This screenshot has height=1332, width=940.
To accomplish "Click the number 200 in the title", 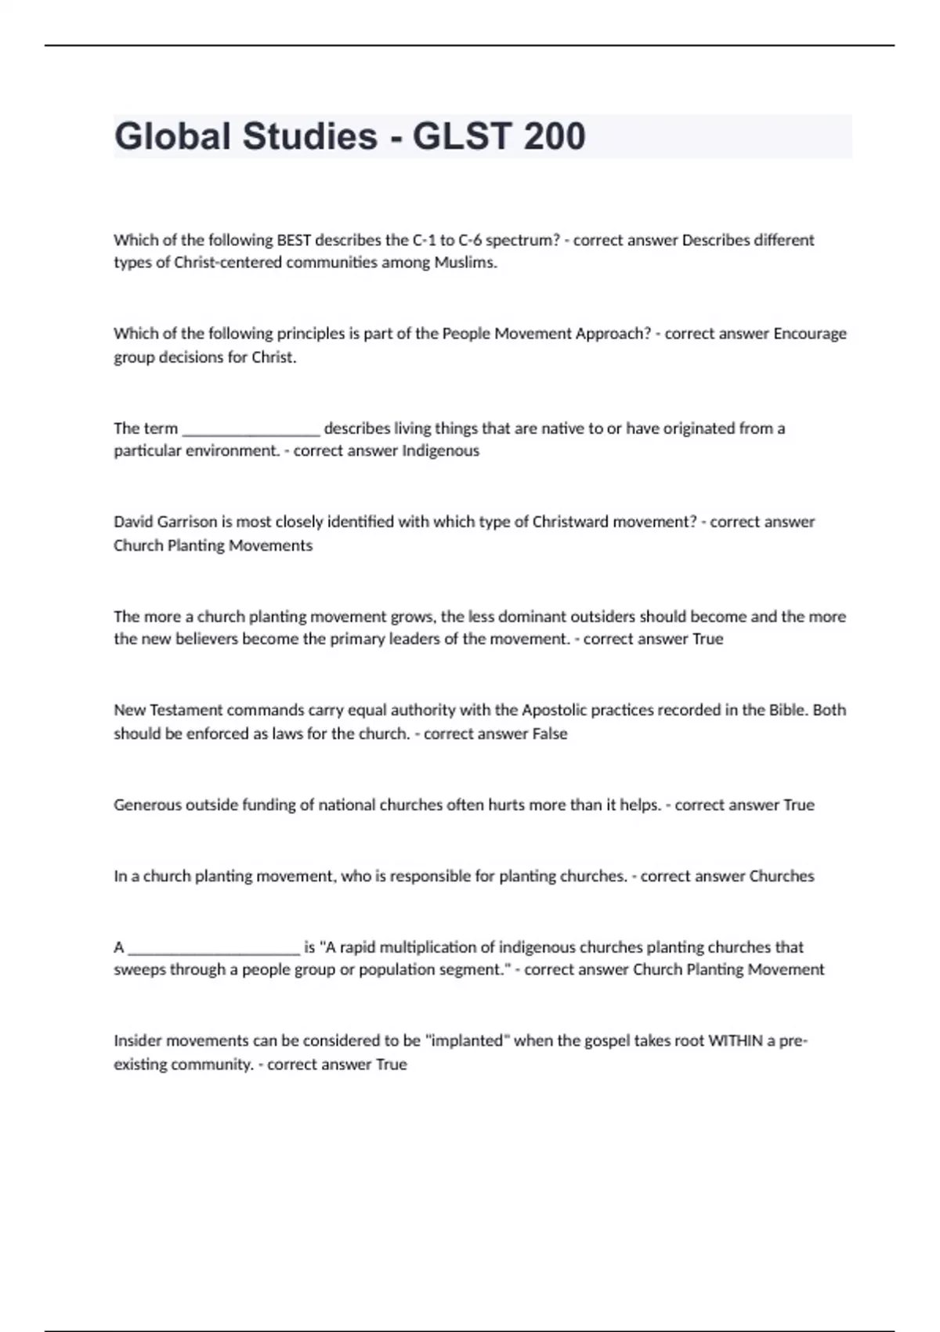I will tap(554, 136).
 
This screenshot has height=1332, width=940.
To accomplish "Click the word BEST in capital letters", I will tap(294, 240).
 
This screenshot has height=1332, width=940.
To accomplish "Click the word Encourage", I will tap(810, 334).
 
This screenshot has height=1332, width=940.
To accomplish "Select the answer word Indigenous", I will tap(440, 451).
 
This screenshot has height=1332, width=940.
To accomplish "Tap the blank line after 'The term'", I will tap(251, 429).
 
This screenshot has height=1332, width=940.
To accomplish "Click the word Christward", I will tap(570, 522).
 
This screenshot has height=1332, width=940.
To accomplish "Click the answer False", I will tap(548, 734).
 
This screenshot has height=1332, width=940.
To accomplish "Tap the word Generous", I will tap(147, 805).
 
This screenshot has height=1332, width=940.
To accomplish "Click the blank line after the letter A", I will tap(213, 948).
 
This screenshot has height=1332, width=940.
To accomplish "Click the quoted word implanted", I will tap(467, 1041).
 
